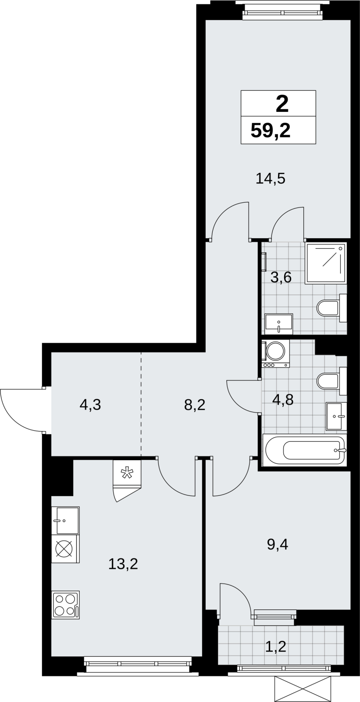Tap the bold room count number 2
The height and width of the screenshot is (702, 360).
click(282, 104)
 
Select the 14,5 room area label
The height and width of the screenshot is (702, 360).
click(271, 179)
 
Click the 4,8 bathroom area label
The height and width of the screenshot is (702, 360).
click(283, 400)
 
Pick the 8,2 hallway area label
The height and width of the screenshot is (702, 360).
click(195, 405)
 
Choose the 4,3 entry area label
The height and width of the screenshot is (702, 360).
click(90, 405)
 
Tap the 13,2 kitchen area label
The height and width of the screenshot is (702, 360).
click(123, 564)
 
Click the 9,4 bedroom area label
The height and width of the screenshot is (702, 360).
click(277, 544)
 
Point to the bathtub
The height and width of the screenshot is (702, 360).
click(305, 451)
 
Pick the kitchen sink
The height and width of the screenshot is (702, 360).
click(65, 520)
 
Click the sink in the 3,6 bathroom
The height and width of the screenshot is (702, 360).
click(279, 324)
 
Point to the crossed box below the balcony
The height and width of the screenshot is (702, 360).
click(303, 689)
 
